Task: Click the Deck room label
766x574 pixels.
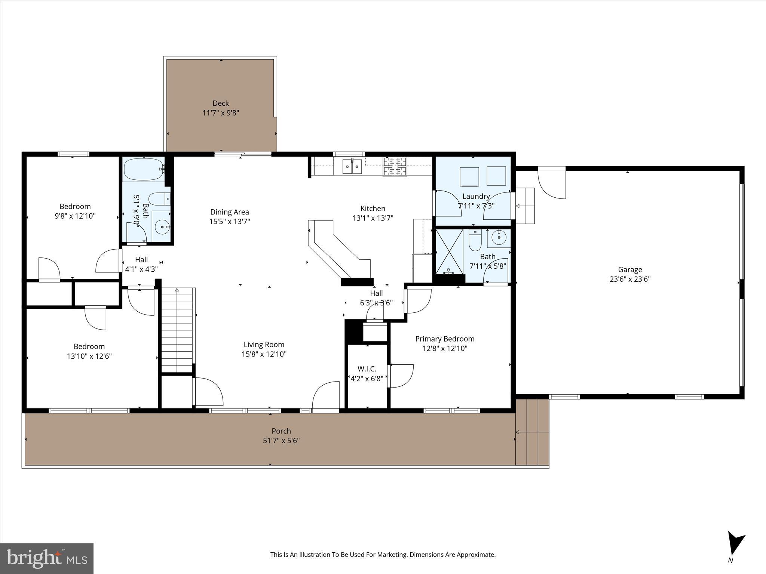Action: click(x=221, y=104)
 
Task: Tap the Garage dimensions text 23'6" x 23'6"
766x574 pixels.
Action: click(x=630, y=279)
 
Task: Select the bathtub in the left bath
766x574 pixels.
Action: click(x=143, y=169)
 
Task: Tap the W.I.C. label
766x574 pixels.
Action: click(x=367, y=369)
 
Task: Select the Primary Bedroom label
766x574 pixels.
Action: click(x=445, y=339)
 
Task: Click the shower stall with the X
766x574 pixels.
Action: click(x=449, y=251)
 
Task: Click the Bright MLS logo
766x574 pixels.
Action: click(x=46, y=559)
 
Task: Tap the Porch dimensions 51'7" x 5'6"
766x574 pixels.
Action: click(x=281, y=441)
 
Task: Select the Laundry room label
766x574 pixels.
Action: click(x=476, y=197)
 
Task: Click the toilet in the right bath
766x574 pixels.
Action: click(x=475, y=241)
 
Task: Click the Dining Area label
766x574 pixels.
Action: click(x=229, y=212)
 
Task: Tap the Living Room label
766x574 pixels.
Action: click(x=264, y=345)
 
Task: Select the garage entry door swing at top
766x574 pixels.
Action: click(x=552, y=183)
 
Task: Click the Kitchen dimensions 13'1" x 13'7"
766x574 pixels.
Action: click(x=373, y=218)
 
